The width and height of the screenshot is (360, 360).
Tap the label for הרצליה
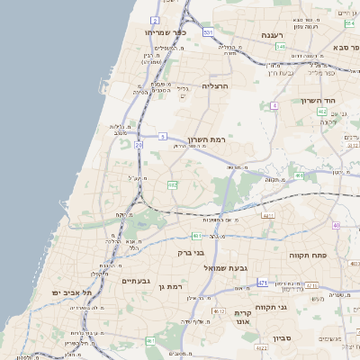[x=216, y=85]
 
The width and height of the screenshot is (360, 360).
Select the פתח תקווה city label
[x=307, y=256]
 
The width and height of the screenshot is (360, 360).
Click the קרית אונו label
[x=242, y=318]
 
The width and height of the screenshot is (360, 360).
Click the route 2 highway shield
[x=155, y=19]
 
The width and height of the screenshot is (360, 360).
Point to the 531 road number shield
[x=208, y=32]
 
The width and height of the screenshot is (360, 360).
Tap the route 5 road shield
[x=162, y=136]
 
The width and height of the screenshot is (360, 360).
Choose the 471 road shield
[x=263, y=283]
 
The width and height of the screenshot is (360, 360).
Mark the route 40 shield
[x=336, y=225]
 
